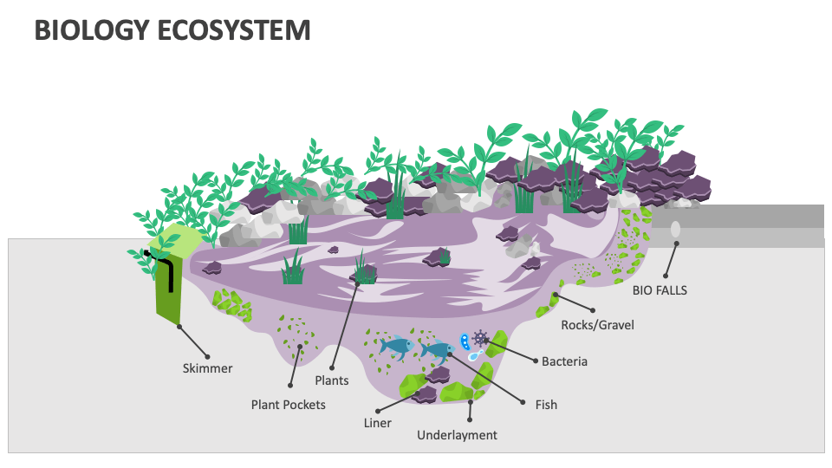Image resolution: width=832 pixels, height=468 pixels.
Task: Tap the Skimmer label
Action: click(x=207, y=368)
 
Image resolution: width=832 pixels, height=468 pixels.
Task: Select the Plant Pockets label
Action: click(x=288, y=405)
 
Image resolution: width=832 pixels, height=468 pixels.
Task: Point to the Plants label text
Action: click(x=331, y=380)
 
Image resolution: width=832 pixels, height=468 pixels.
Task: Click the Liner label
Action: click(x=377, y=423)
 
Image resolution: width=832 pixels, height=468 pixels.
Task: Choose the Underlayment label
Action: click(x=457, y=435)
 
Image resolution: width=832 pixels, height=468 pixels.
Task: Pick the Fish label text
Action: click(x=546, y=405)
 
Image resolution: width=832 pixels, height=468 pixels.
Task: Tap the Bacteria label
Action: click(x=564, y=361)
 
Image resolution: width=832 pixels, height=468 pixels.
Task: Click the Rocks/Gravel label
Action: click(x=597, y=325)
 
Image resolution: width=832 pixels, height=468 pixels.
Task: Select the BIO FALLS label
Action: click(x=660, y=290)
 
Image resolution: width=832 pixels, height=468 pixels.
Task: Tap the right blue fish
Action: click(x=437, y=350)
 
